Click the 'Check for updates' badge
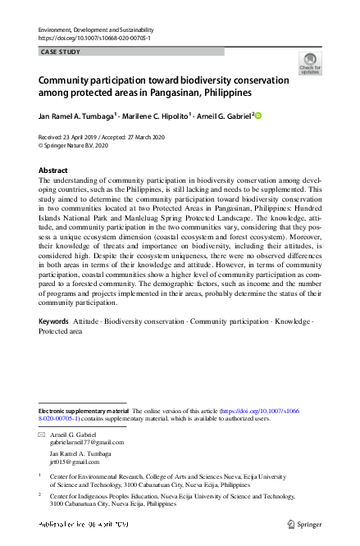click(x=310, y=63)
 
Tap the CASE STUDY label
click(x=61, y=52)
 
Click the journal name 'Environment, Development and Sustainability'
click(x=96, y=30)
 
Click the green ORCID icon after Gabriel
click(x=258, y=116)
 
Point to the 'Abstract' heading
click(x=53, y=170)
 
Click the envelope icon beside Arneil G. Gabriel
click(x=42, y=433)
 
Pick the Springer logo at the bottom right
click(x=305, y=523)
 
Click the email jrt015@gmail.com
click(x=74, y=462)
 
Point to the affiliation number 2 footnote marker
click(x=41, y=495)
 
